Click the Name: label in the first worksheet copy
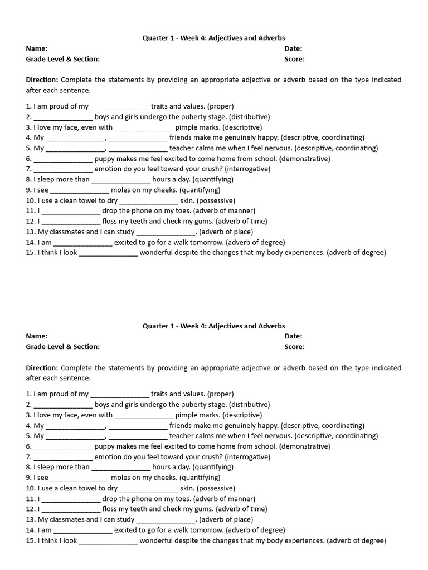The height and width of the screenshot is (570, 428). click(37, 48)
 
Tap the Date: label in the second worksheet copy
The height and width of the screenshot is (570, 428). click(294, 336)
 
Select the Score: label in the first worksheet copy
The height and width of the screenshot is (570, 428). click(295, 59)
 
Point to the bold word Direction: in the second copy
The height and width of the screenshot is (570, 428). click(42, 368)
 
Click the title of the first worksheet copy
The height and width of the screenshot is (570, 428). click(213, 38)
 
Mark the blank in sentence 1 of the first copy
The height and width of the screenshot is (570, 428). click(120, 106)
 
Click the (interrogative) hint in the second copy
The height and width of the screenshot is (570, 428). click(244, 457)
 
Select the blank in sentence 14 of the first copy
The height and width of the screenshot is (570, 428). click(83, 243)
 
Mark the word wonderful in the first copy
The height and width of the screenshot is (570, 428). click(159, 253)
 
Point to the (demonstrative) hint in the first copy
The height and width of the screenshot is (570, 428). click(304, 159)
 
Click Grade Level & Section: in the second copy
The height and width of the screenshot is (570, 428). click(63, 347)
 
